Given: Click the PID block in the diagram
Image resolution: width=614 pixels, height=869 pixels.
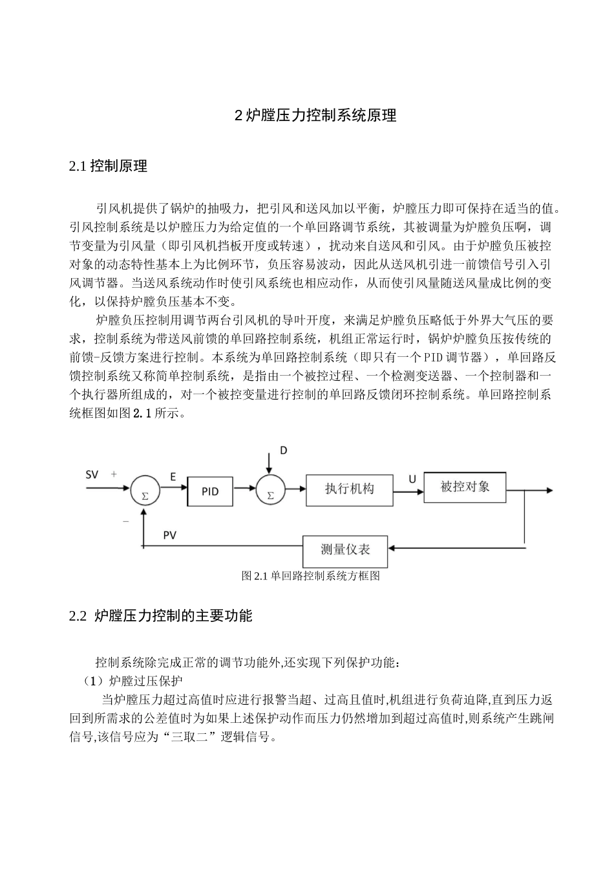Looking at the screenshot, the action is (x=210, y=491).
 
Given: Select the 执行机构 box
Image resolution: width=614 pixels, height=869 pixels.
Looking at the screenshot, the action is (x=349, y=489).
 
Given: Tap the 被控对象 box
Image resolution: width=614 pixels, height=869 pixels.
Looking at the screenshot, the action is (x=465, y=486).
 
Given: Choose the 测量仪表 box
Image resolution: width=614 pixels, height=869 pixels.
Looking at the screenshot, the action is (x=345, y=550).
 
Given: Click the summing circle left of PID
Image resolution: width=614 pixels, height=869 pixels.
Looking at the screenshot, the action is (x=145, y=493).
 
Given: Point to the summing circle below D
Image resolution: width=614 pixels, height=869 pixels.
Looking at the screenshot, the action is (x=270, y=493).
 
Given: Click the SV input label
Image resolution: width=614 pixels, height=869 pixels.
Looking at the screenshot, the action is (x=92, y=475).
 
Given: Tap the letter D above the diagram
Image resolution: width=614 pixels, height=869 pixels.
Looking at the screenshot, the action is (x=282, y=450).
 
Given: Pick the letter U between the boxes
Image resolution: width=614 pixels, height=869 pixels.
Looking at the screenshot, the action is (x=412, y=479).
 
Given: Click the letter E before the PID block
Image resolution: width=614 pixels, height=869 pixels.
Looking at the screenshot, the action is (x=173, y=477).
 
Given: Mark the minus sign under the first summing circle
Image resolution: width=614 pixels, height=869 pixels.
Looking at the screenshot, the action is (x=125, y=520).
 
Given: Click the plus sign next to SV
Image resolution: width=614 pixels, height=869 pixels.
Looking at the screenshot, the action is (x=114, y=474).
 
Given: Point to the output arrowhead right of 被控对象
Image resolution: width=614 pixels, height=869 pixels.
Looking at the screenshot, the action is (x=549, y=491).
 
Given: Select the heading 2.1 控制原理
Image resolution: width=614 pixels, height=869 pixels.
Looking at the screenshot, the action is (x=108, y=166).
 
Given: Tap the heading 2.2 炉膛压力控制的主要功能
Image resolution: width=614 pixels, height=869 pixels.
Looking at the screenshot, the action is (x=160, y=616).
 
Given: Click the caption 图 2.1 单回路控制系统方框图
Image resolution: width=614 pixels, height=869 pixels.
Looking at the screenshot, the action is (x=310, y=575).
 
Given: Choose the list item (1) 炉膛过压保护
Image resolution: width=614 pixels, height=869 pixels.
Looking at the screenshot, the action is (x=132, y=681).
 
